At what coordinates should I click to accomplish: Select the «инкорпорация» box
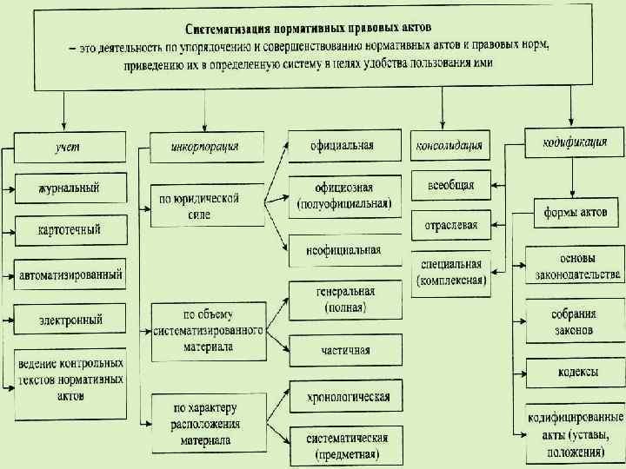[206, 147]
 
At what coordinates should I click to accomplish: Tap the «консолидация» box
[450, 145]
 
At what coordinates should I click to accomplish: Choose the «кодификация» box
[574, 142]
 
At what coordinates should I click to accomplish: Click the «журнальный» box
[70, 188]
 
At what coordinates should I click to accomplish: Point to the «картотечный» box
[70, 230]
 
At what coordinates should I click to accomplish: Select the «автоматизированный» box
[70, 274]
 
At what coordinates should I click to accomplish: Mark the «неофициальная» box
[343, 250]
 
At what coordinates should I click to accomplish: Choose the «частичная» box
[343, 350]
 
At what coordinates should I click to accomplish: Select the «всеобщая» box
[450, 185]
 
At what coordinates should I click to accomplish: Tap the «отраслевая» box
[450, 225]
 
